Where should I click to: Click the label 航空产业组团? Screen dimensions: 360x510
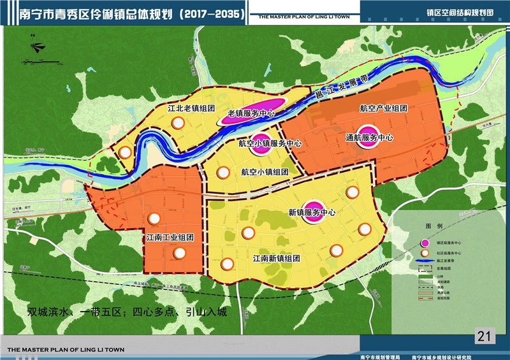coord(383,109)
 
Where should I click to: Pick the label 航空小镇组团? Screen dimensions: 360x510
coord(265,171)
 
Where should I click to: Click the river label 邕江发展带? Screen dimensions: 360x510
coord(343,88)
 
